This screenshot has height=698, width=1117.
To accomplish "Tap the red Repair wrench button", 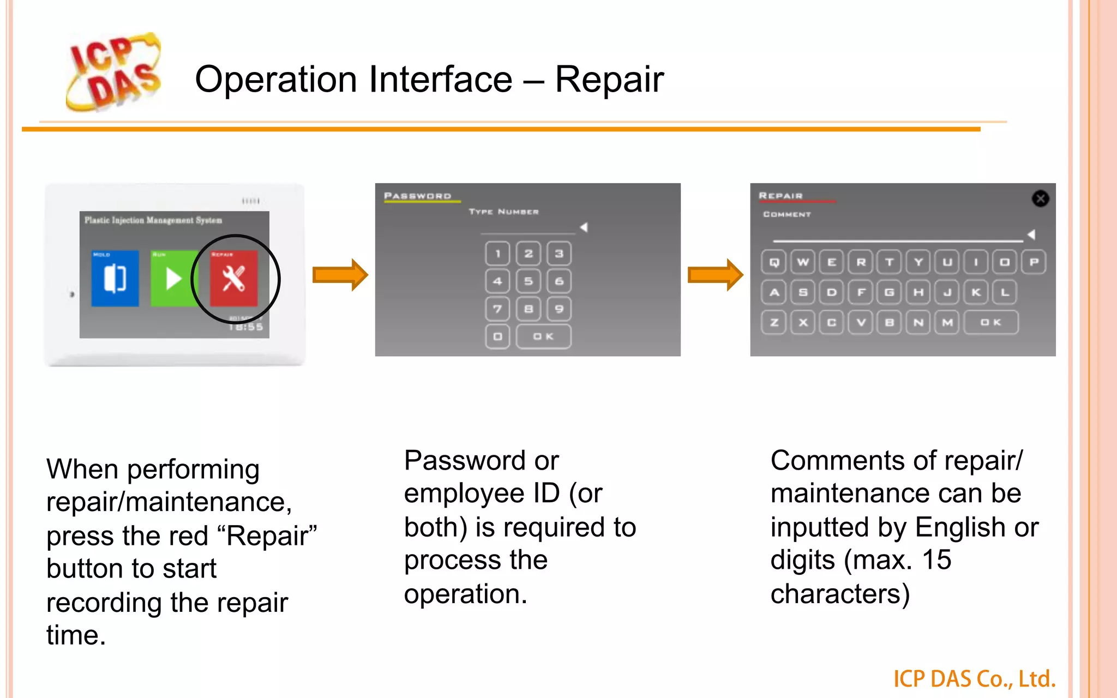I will pyautogui.click(x=234, y=278).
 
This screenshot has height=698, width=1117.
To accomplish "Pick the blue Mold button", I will pyautogui.click(x=115, y=278).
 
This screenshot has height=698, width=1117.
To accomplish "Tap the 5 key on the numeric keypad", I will pyautogui.click(x=528, y=281).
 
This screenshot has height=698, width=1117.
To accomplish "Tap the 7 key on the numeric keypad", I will pyautogui.click(x=497, y=309).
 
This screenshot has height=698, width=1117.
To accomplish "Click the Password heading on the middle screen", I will pyautogui.click(x=418, y=196).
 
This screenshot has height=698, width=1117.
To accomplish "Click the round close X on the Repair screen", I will pyautogui.click(x=1040, y=198).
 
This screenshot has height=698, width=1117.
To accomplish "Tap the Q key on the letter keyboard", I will pyautogui.click(x=774, y=262).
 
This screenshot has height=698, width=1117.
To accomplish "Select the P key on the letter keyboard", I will pyautogui.click(x=1034, y=262).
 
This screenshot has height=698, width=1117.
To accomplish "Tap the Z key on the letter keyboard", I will pyautogui.click(x=774, y=322).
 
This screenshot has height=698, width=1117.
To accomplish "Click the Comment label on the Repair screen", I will pyautogui.click(x=786, y=214).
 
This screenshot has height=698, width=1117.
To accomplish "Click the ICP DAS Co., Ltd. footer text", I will pyautogui.click(x=974, y=679).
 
